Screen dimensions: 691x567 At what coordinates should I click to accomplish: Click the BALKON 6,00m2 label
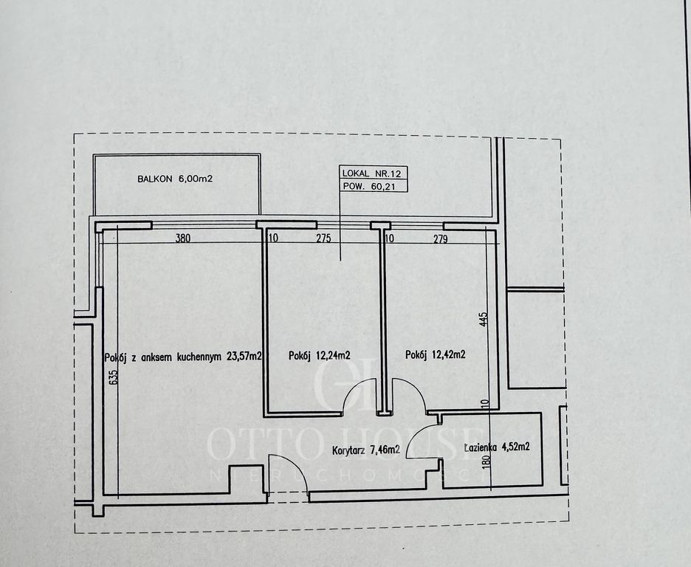175,179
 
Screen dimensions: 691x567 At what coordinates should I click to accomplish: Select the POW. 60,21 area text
368,186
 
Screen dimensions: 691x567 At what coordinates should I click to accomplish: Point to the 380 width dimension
183,238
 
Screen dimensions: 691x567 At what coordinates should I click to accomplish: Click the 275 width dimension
323,238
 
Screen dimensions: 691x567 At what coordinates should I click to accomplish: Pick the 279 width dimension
440,239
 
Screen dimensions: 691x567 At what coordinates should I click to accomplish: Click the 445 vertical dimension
484,320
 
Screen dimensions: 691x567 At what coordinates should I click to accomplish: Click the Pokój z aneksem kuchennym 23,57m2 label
183,357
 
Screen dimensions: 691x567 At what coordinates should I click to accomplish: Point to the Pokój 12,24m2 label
320,355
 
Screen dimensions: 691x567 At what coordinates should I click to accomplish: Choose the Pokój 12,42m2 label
436,354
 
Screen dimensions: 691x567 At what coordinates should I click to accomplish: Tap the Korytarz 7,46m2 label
366,450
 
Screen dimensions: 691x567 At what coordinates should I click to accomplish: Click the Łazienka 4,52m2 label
497,447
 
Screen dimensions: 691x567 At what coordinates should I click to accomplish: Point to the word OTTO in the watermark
265,444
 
